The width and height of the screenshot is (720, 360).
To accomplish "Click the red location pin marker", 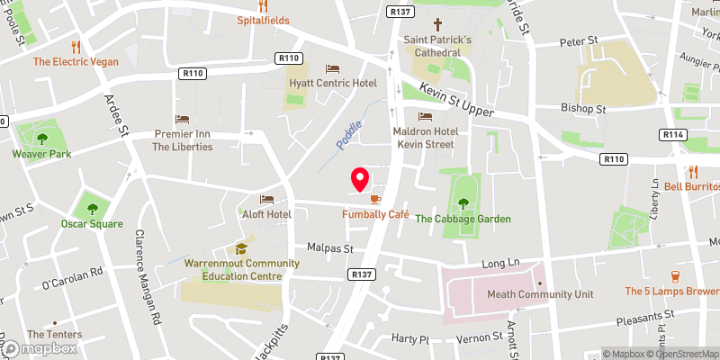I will [x=360, y=179].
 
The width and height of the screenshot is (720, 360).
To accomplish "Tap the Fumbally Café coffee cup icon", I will [x=375, y=199].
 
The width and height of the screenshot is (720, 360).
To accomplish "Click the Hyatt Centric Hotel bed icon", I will [x=332, y=68].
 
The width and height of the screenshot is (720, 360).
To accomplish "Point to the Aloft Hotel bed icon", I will [x=266, y=200].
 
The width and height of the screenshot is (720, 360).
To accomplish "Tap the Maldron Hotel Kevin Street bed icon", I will [x=426, y=116].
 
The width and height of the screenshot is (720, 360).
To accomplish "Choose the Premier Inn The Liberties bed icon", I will [x=182, y=119].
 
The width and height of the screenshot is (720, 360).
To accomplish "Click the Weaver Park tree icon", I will [x=41, y=138].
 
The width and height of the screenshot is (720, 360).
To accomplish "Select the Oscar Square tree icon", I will [x=90, y=206].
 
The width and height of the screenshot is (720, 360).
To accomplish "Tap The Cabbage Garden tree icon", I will [x=463, y=202].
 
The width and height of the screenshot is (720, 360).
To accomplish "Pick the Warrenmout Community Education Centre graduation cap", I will [x=240, y=248].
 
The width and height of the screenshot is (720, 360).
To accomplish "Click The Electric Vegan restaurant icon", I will [x=77, y=46].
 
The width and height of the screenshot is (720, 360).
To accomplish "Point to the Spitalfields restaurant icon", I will [x=263, y=5].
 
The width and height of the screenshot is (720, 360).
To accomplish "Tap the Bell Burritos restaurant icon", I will [x=694, y=171].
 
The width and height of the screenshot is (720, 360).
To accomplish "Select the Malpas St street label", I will [x=328, y=247].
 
